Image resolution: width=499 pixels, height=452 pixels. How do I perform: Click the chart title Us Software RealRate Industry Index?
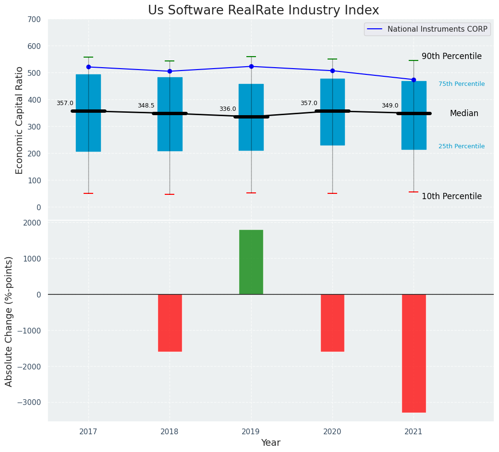263,11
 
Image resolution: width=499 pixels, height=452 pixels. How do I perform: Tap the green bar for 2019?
251,262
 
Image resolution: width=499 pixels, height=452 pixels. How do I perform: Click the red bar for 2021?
414,353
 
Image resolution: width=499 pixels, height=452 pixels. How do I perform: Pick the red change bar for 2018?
170,322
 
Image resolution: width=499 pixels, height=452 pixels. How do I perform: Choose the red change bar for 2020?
332,322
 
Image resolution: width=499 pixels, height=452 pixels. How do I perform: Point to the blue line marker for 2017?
88,67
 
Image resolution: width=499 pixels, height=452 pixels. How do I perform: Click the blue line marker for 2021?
414,80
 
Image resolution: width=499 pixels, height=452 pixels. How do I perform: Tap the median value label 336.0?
228,109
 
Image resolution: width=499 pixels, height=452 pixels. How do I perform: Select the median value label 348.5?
146,106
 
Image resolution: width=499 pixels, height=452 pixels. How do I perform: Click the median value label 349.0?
390,106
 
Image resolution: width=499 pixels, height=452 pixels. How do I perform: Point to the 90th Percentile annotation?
451,57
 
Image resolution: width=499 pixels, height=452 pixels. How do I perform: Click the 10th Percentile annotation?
451,197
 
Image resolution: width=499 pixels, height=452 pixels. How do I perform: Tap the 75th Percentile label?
462,84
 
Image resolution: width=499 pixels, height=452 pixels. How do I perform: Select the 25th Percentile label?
462,147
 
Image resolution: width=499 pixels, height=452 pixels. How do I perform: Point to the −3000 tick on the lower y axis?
30,403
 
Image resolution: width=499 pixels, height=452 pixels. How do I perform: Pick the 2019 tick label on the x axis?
251,432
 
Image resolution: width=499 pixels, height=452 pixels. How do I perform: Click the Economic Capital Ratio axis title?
20,120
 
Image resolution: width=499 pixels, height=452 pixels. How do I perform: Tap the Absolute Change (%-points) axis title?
9,321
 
